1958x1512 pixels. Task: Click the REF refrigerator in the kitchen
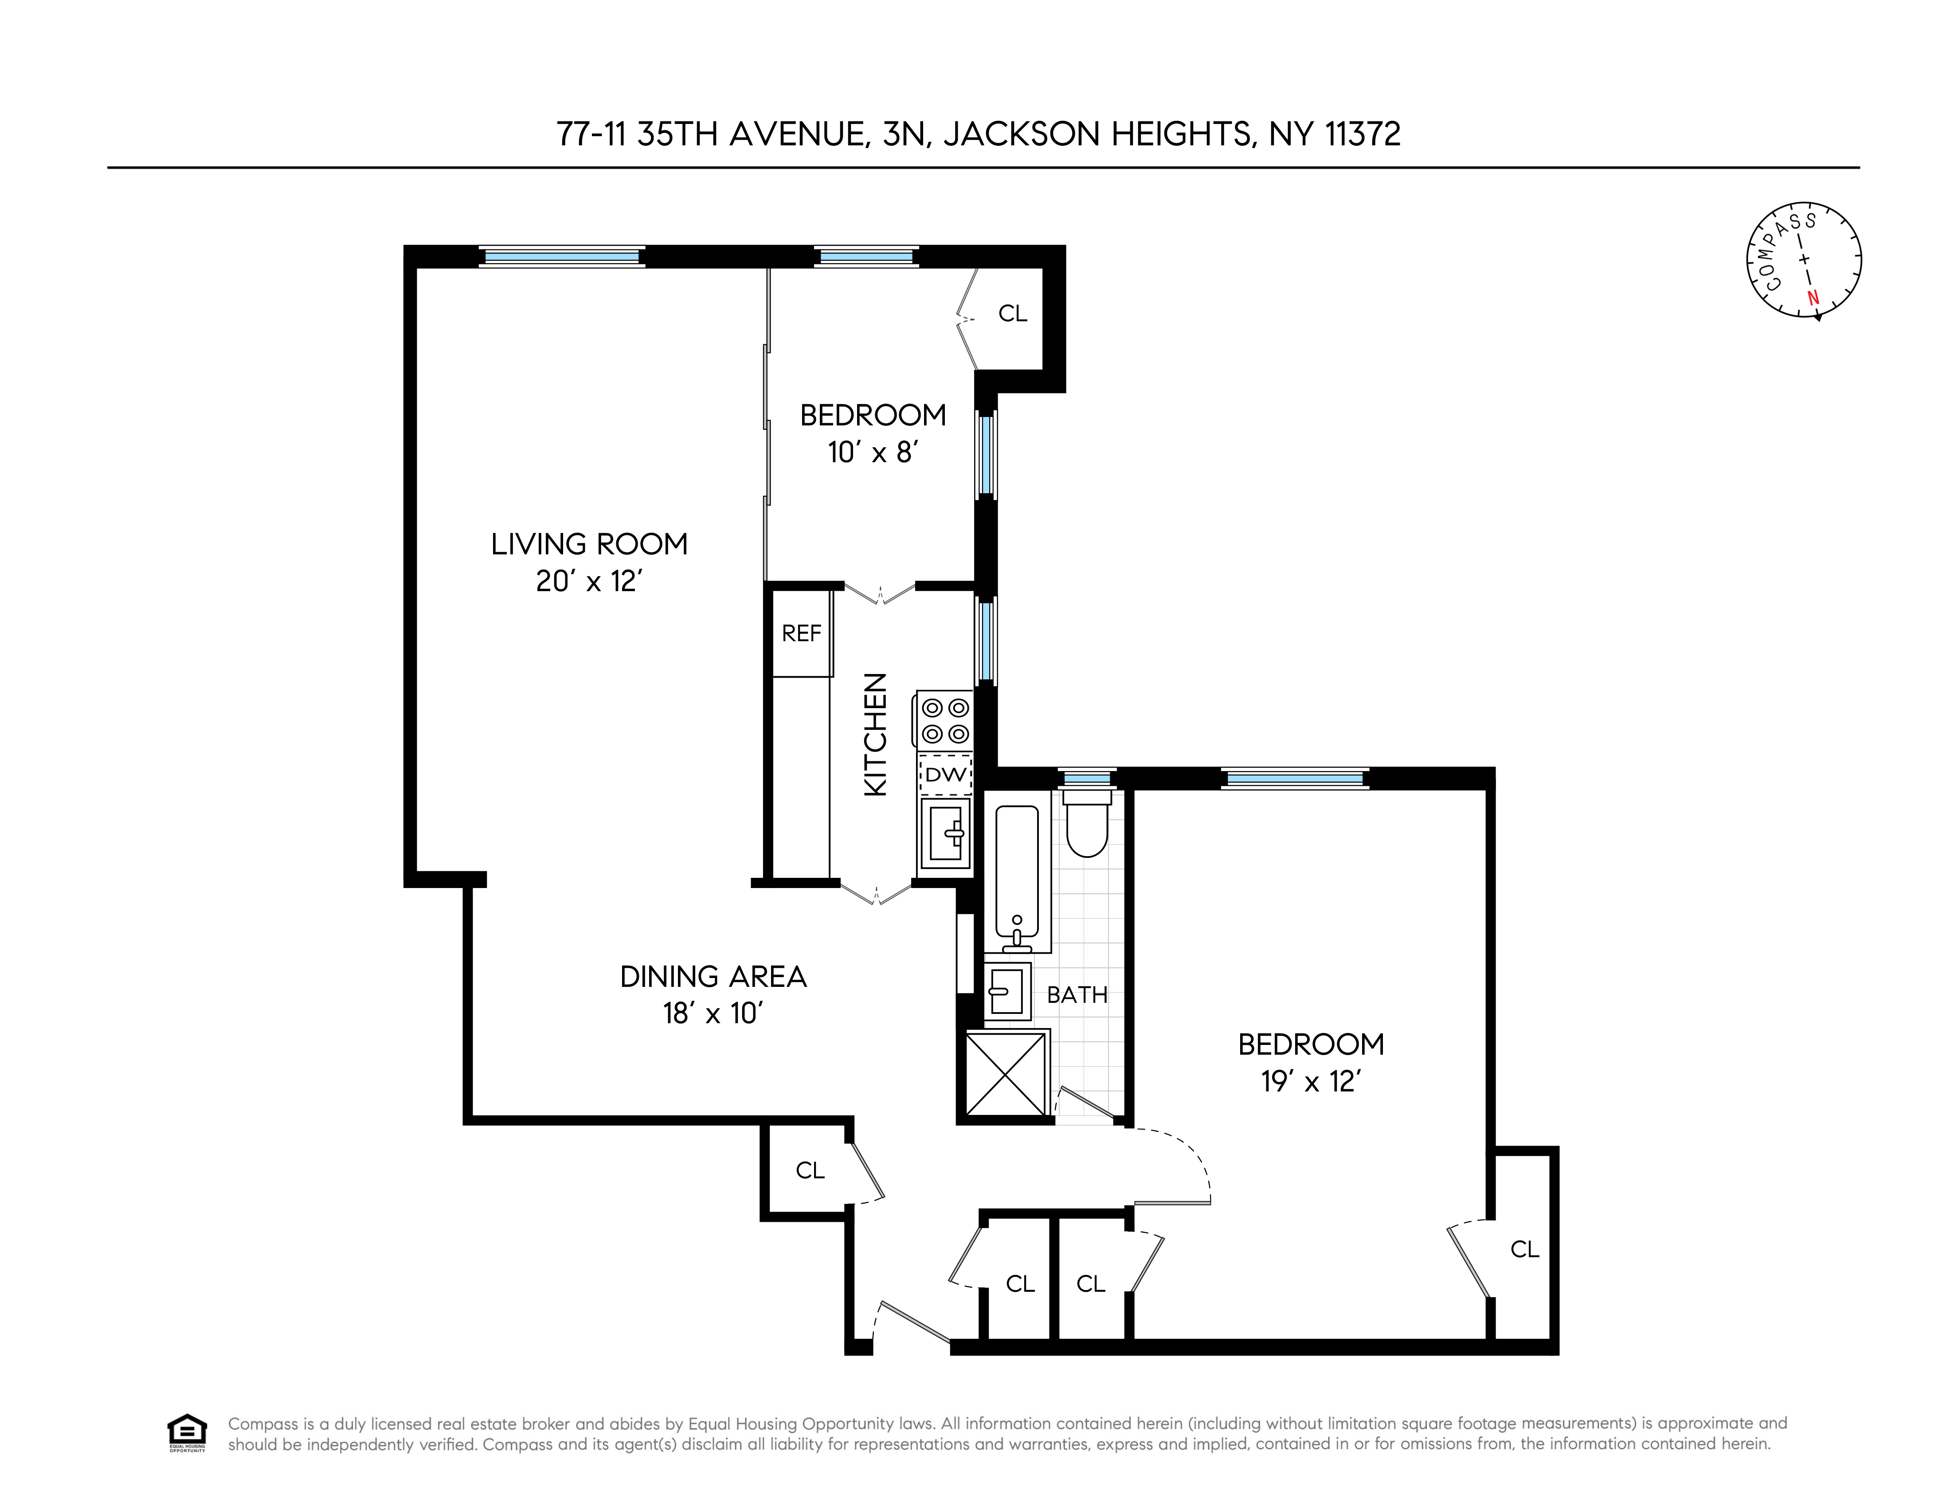802,634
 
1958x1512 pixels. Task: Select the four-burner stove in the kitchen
945,721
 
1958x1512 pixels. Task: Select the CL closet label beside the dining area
810,1170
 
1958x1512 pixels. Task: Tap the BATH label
1077,995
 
